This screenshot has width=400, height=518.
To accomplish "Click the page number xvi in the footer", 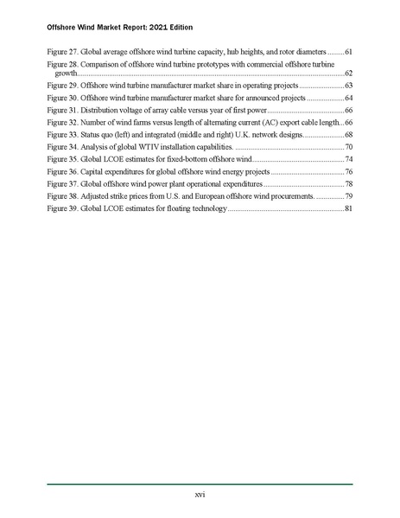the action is tap(200, 494).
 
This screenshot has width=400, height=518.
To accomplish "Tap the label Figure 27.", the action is tap(62, 53).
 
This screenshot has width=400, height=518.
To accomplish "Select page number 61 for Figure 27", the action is tap(348, 53).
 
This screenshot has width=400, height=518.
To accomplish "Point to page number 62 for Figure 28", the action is tap(348, 75).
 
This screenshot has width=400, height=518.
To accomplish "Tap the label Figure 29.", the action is tap(62, 86).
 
